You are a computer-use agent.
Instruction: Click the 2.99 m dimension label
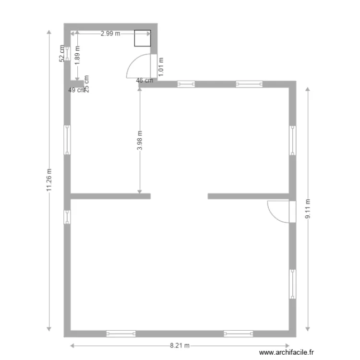(x=110, y=34)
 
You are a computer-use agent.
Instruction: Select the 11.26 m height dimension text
(x=49, y=180)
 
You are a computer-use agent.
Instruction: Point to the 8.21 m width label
(x=180, y=346)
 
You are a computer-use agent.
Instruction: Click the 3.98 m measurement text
(x=140, y=141)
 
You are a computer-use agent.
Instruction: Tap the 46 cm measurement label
(x=144, y=81)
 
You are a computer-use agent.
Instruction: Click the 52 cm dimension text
(x=61, y=53)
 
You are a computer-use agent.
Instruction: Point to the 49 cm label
(x=77, y=90)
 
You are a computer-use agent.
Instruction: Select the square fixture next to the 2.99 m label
(x=142, y=38)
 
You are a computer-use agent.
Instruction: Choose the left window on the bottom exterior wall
(x=121, y=333)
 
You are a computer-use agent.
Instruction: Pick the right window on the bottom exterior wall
(x=239, y=333)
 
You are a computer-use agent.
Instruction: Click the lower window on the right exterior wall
(x=292, y=284)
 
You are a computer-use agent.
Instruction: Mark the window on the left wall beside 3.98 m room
(x=68, y=140)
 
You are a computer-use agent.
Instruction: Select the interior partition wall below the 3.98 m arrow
(x=110, y=196)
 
